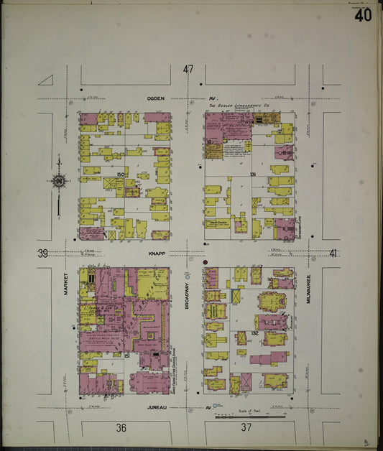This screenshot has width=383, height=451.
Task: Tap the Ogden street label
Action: (x=156, y=98)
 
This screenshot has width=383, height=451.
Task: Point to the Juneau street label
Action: (x=157, y=407)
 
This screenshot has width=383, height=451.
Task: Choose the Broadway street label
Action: (x=185, y=293)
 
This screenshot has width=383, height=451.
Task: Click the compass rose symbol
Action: (x=57, y=182)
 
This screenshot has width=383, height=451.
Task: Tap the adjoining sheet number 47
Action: (x=188, y=70)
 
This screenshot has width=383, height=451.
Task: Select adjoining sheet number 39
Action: (x=42, y=254)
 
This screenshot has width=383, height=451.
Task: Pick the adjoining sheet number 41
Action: (x=333, y=254)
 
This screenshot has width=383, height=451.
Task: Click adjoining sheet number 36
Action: (x=121, y=428)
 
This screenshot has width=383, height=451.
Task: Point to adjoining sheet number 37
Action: (x=246, y=428)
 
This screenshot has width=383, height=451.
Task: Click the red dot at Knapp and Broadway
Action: (x=205, y=263)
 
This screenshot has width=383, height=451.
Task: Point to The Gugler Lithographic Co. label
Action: (x=242, y=106)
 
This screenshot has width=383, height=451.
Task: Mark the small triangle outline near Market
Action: (x=46, y=80)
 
